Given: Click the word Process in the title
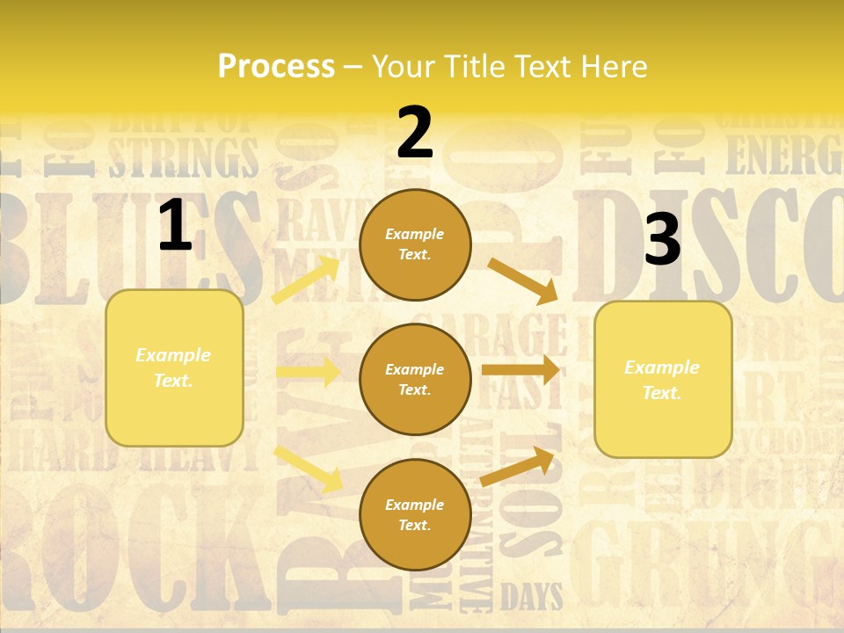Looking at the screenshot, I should (276, 67).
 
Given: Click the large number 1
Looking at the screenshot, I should (175, 226).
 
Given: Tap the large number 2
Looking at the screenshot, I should (414, 133).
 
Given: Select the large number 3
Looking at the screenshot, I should (662, 240).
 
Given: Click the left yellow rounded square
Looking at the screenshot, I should (174, 367).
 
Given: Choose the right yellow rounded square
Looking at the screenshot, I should (663, 380).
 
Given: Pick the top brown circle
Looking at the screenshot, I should (415, 244).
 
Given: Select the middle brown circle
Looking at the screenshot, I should (415, 379).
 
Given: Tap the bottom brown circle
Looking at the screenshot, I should (415, 514).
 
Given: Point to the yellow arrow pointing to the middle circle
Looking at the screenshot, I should (308, 372).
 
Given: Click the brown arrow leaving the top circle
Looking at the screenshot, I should (523, 280).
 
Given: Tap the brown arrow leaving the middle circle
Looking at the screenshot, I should (520, 370).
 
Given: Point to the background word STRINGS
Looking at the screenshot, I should (184, 157).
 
